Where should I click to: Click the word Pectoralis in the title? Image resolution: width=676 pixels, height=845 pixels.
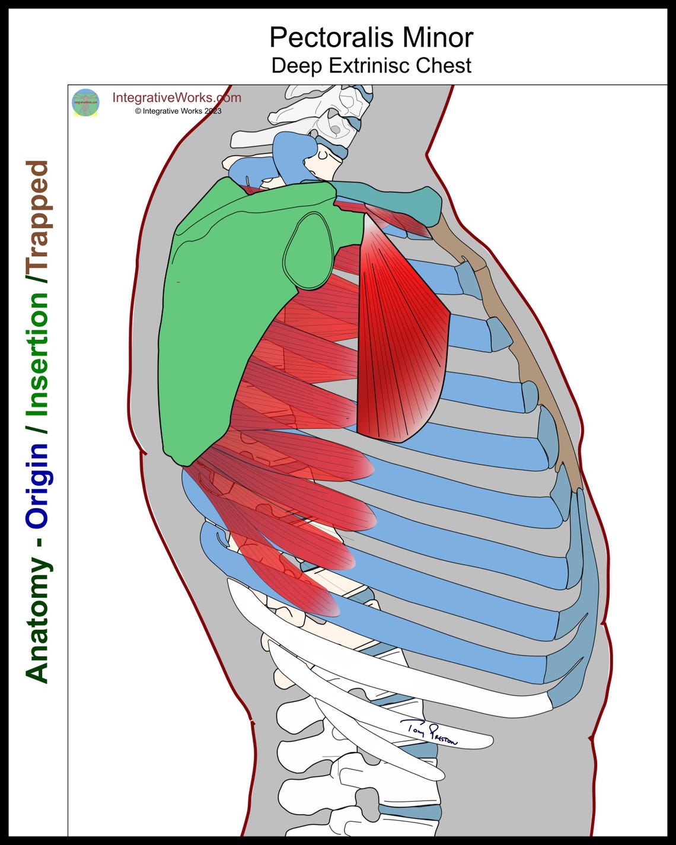click(x=331, y=38)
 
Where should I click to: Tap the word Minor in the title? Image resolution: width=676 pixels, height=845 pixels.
click(x=438, y=38)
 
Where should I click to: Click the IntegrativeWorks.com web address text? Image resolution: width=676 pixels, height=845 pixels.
click(x=177, y=98)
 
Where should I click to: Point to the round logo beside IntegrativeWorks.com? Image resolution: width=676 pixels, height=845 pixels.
click(x=85, y=103)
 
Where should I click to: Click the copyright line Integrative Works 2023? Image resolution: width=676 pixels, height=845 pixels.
click(x=178, y=111)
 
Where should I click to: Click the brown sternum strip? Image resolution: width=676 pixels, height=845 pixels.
click(x=510, y=332)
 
